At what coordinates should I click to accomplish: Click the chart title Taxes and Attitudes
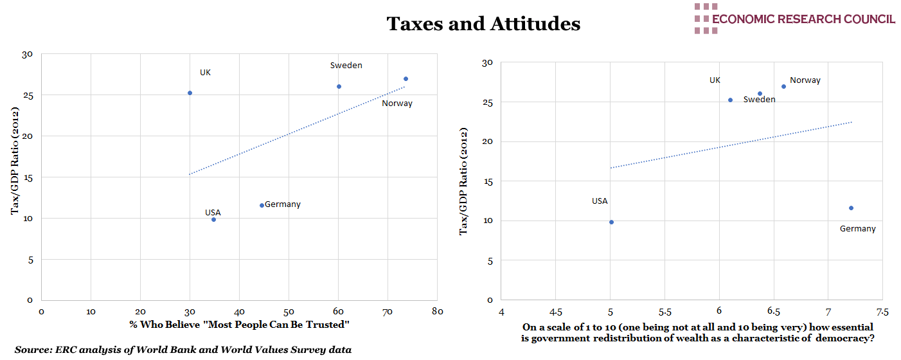(x=483, y=24)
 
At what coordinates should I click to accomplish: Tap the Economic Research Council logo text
(x=803, y=19)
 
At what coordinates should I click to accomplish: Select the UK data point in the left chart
(x=190, y=93)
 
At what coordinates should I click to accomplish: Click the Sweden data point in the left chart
(x=339, y=86)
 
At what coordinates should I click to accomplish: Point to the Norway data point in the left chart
(x=406, y=78)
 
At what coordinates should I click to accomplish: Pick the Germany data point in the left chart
(x=262, y=205)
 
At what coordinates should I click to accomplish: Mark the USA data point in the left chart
(x=213, y=219)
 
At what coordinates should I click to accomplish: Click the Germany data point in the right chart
(x=851, y=208)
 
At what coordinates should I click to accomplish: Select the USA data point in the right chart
(x=611, y=222)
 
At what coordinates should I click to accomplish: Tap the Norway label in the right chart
(x=805, y=80)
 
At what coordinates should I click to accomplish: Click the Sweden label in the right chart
(x=759, y=100)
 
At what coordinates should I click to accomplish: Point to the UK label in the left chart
(x=205, y=73)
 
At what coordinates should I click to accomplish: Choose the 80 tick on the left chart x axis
(x=437, y=312)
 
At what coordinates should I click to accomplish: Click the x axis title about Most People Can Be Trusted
(x=239, y=324)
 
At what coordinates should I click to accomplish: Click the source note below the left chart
(x=183, y=350)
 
